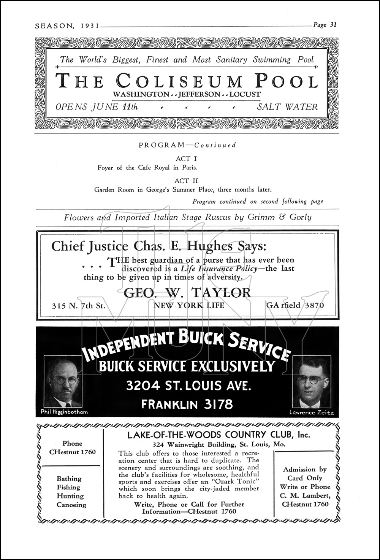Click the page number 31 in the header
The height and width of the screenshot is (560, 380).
pos(332,25)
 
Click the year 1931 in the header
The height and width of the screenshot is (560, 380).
pos(90,26)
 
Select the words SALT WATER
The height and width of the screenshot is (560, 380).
pos(287,107)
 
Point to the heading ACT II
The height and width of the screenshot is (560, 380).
pos(186,181)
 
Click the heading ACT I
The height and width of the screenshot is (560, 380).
pos(186,159)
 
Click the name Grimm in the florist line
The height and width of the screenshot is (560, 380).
pos(260,217)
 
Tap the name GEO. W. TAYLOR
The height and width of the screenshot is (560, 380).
pos(187,292)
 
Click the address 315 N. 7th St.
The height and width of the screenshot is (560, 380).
pos(78,305)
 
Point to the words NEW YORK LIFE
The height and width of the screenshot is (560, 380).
pos(188,305)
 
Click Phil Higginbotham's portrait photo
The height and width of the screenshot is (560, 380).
pos(63,381)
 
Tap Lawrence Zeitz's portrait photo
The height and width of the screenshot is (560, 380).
pos(312,382)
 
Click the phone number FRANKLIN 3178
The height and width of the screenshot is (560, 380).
pos(187,404)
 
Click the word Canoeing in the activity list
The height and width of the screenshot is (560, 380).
pos(71,505)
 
